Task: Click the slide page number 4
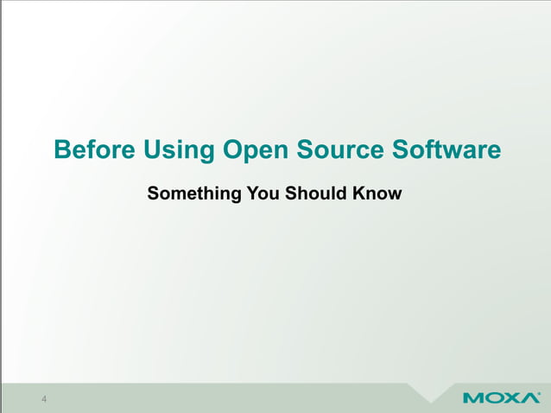point(43,398)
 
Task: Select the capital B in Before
point(61,149)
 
